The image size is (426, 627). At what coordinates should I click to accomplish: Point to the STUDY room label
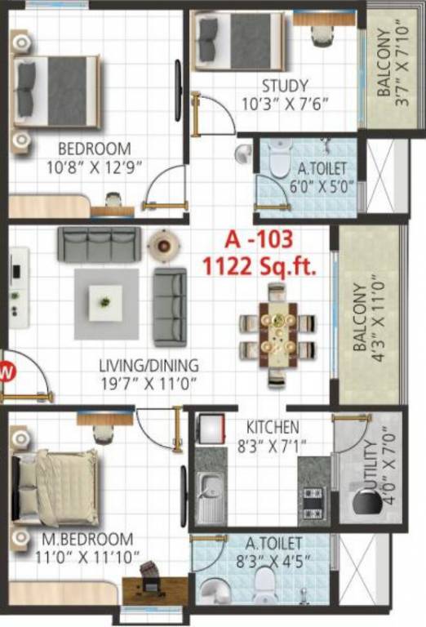coord(285,86)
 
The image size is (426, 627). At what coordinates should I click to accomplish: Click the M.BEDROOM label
coord(88,540)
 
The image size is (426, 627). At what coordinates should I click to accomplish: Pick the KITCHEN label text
coord(273,427)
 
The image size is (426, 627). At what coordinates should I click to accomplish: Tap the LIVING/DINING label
coord(149,366)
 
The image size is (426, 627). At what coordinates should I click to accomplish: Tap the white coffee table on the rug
coord(105,303)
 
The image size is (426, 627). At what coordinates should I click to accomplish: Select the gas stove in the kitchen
coord(314,496)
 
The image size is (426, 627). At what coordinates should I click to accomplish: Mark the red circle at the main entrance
coord(7,372)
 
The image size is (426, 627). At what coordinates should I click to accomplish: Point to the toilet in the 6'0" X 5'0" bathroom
coord(279,156)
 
